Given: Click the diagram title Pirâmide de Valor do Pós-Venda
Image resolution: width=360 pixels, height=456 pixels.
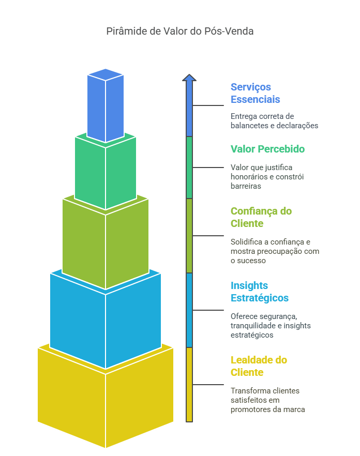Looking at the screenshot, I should tap(179, 31).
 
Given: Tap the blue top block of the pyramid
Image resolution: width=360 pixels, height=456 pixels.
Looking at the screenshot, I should tap(106, 106).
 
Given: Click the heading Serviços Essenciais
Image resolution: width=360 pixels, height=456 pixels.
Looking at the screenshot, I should tap(256, 93).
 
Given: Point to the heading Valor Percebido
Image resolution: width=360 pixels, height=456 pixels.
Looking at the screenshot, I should tap(267, 149).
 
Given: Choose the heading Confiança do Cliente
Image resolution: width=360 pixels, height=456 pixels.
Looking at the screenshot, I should tap(261, 217).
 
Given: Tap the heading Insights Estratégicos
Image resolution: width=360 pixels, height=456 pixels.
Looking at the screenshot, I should tap(259, 292).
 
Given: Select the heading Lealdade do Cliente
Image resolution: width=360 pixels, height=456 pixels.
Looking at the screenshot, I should tap(259, 366).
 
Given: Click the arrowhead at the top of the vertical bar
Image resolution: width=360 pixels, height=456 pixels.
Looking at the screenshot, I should tap(189, 78).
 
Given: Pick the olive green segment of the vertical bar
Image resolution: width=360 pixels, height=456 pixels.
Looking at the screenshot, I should tap(189, 236).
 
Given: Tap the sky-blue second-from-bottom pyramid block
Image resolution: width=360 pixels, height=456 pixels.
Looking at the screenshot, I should tap(106, 321).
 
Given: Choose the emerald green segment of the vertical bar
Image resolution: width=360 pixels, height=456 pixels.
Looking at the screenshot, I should tap(189, 168).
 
